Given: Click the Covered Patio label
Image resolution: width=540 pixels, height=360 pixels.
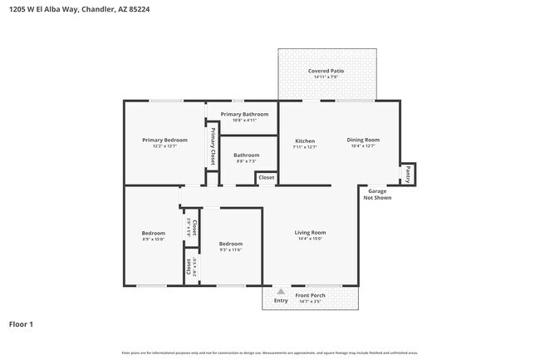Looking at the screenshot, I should pos(326,72).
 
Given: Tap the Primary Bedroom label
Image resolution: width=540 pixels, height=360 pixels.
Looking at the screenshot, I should pos(164,140).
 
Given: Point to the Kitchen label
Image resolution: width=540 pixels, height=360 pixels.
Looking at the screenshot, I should pos(305,141).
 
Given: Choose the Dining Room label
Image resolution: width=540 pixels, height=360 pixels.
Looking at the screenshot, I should pos(363,140).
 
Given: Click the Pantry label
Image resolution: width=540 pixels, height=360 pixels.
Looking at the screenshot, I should pos(408,175).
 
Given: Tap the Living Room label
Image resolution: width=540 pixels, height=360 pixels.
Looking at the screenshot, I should pos(310,233).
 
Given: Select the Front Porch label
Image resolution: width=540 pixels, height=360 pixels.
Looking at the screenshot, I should pos(310,295).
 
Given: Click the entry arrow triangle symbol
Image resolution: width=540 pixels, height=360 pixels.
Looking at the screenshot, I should pos(281,292).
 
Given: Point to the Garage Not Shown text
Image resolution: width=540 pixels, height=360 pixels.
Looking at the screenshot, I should pos(377,195).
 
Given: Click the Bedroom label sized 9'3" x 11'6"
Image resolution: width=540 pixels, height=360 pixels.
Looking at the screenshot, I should pos(230,244).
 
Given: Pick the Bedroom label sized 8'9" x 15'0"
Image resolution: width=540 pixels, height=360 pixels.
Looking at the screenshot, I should pos(154,233).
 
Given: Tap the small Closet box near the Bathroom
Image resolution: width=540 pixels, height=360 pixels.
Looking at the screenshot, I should pos(266,178).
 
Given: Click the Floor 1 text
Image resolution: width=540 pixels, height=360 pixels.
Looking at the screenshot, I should pos(21,324).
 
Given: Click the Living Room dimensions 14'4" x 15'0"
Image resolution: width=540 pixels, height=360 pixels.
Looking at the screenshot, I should pos(310,239).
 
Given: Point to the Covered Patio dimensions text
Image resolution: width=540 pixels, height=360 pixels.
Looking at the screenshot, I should pos(326,77).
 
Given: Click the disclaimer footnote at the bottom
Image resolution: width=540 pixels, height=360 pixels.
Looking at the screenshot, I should pos(269,353).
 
